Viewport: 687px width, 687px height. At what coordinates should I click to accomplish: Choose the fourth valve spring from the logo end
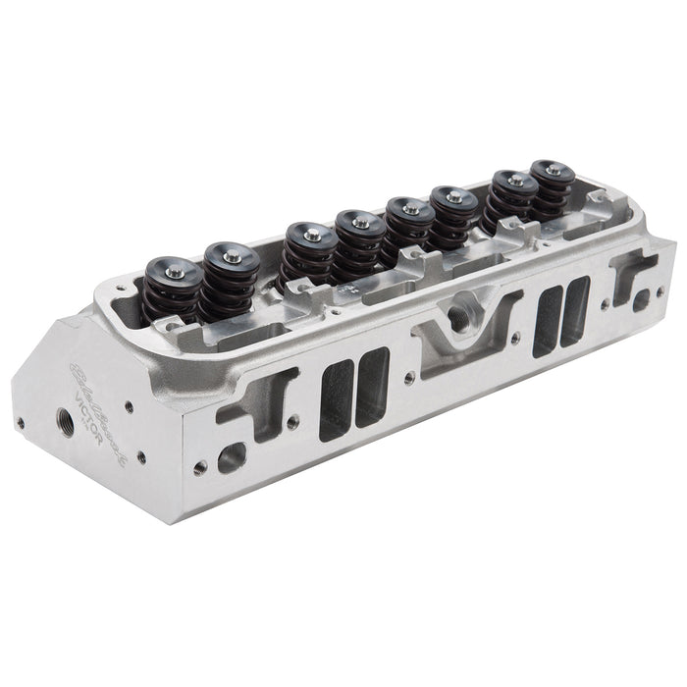point(358,243)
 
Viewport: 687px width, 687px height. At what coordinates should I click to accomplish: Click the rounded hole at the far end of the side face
point(641,298)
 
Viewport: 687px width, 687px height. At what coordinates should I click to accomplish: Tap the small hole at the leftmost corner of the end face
point(20,424)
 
